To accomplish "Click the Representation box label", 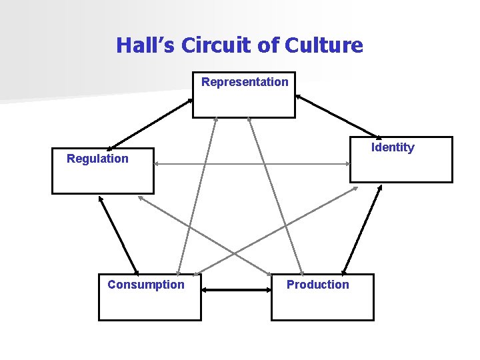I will pyautogui.click(x=245, y=82).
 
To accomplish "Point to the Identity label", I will pyautogui.click(x=393, y=147).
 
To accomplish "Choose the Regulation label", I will pyautogui.click(x=97, y=159).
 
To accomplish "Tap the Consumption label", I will pyautogui.click(x=146, y=285).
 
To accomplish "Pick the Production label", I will pyautogui.click(x=317, y=285).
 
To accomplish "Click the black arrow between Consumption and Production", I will pyautogui.click(x=236, y=290).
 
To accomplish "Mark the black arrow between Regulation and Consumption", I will pyautogui.click(x=118, y=234).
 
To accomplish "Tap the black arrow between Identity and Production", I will pyautogui.click(x=362, y=229).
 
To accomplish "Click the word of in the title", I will pyautogui.click(x=269, y=45).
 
